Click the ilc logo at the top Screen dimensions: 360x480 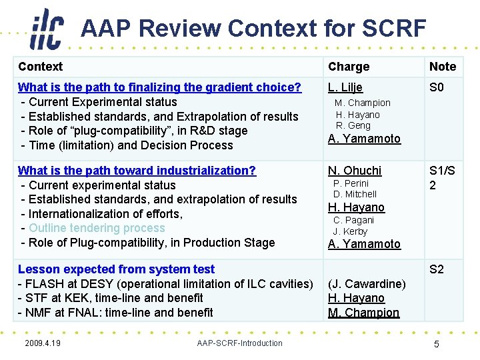point(47,29)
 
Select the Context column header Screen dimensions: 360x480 point(40,67)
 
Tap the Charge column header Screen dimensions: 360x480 point(348,67)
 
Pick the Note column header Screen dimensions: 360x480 point(443,67)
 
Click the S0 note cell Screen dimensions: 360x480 point(437,87)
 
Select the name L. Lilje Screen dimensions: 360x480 point(345,87)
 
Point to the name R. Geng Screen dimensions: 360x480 point(353,125)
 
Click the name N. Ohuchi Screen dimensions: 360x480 point(355,171)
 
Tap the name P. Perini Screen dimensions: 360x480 point(351,183)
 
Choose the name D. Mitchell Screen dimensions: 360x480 point(355,194)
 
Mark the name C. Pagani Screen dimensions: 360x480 point(353,220)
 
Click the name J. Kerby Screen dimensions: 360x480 point(350,231)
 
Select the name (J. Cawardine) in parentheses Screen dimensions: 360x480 point(367,284)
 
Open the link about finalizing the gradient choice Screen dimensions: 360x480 point(159,87)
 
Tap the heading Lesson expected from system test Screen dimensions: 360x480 point(116,269)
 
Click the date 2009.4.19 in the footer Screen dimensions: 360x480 point(42,343)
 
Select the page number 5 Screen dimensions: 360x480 point(436,344)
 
